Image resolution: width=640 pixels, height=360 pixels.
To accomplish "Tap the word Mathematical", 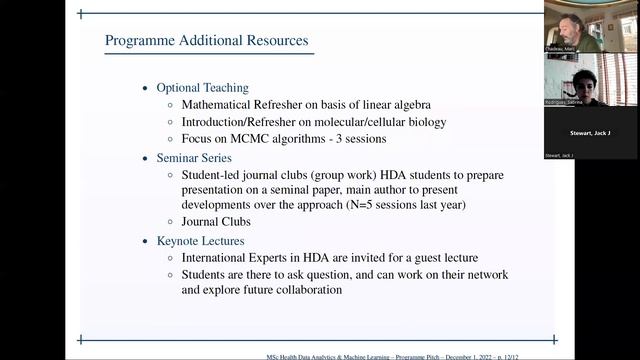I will (224, 104).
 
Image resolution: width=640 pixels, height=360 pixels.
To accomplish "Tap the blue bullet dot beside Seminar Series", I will (146, 158).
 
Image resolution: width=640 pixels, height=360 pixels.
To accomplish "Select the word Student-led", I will (211, 174).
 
